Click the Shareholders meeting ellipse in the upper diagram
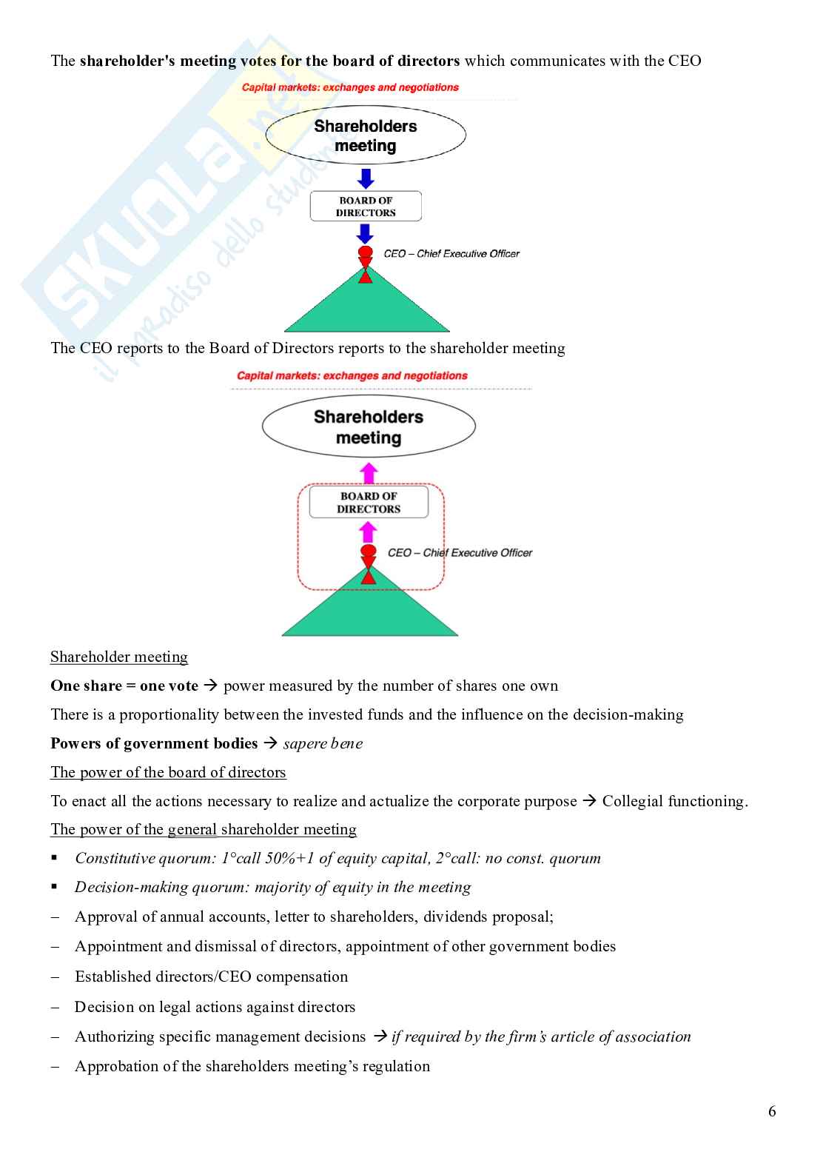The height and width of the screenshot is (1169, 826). pos(366,135)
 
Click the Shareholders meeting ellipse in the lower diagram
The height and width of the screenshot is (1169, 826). pos(369,427)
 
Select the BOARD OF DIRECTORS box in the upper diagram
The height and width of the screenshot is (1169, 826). pos(366,207)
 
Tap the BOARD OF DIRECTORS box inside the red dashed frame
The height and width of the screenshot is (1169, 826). pos(369,503)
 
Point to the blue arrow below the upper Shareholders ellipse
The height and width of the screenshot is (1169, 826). pos(366,178)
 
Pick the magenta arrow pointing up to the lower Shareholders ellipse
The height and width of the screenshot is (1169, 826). pos(369,473)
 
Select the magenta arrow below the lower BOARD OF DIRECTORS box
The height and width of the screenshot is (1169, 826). pos(368,532)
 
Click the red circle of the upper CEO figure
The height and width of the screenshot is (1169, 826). pos(365,252)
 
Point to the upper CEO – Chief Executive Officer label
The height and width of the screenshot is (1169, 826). pos(451,254)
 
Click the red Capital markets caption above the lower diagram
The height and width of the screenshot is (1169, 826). pos(352,376)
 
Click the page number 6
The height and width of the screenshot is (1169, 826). pos(772,1111)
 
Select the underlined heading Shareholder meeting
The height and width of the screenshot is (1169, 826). pos(119,657)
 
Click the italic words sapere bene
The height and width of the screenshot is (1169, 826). pos(323,744)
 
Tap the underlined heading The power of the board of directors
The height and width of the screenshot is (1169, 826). pos(168,773)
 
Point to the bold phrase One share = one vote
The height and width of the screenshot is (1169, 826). pos(124,686)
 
